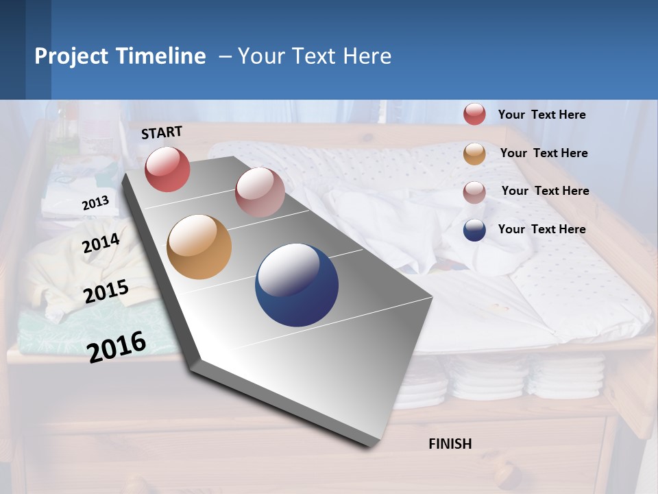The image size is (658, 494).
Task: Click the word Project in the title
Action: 71,56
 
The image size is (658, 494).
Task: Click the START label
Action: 162,132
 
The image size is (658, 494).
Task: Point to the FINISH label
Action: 450,444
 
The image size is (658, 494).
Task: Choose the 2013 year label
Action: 95,204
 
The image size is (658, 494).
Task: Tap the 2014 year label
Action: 101,244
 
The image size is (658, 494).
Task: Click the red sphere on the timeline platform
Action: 167,169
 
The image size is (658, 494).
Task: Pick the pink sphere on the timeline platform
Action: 260,192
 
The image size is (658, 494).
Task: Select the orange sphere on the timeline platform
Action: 199,247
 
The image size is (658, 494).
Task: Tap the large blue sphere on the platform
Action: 297,285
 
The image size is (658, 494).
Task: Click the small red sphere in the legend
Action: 474,114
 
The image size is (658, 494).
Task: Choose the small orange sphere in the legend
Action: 474,154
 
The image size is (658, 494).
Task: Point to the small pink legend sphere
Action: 474,192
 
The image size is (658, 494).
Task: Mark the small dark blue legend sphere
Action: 474,230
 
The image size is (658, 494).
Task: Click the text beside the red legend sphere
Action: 541,115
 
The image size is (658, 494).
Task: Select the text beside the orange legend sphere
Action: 544,153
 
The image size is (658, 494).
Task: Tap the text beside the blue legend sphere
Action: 541,229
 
